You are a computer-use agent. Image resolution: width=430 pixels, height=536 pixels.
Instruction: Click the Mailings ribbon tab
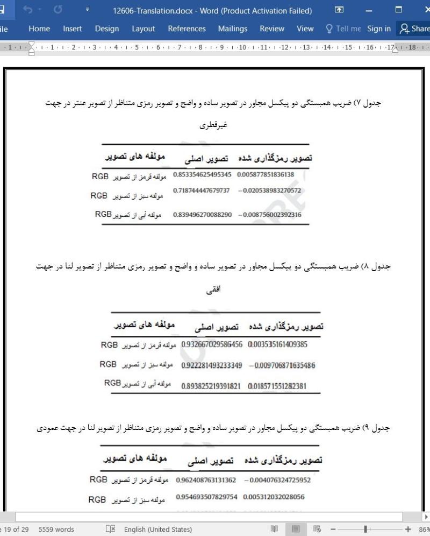[233, 29]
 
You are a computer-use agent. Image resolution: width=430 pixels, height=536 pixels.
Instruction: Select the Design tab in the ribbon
[106, 29]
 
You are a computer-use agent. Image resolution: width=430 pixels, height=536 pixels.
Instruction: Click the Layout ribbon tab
[143, 29]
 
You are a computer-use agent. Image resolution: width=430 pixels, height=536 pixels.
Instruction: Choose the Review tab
[272, 29]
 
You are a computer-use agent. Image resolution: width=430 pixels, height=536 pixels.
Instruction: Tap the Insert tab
[73, 29]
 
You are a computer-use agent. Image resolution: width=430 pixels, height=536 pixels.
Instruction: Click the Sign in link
[379, 29]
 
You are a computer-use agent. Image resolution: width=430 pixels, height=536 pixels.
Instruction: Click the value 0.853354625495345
[202, 174]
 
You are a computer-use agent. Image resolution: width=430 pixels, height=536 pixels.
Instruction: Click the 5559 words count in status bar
[56, 530]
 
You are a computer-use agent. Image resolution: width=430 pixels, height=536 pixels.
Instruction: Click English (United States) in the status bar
[158, 530]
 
